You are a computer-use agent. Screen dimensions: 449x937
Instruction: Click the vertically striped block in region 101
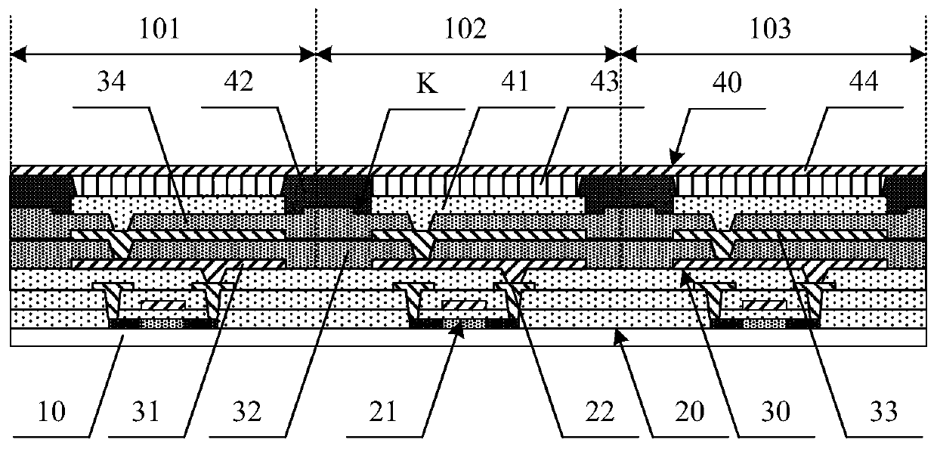click(x=179, y=184)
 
